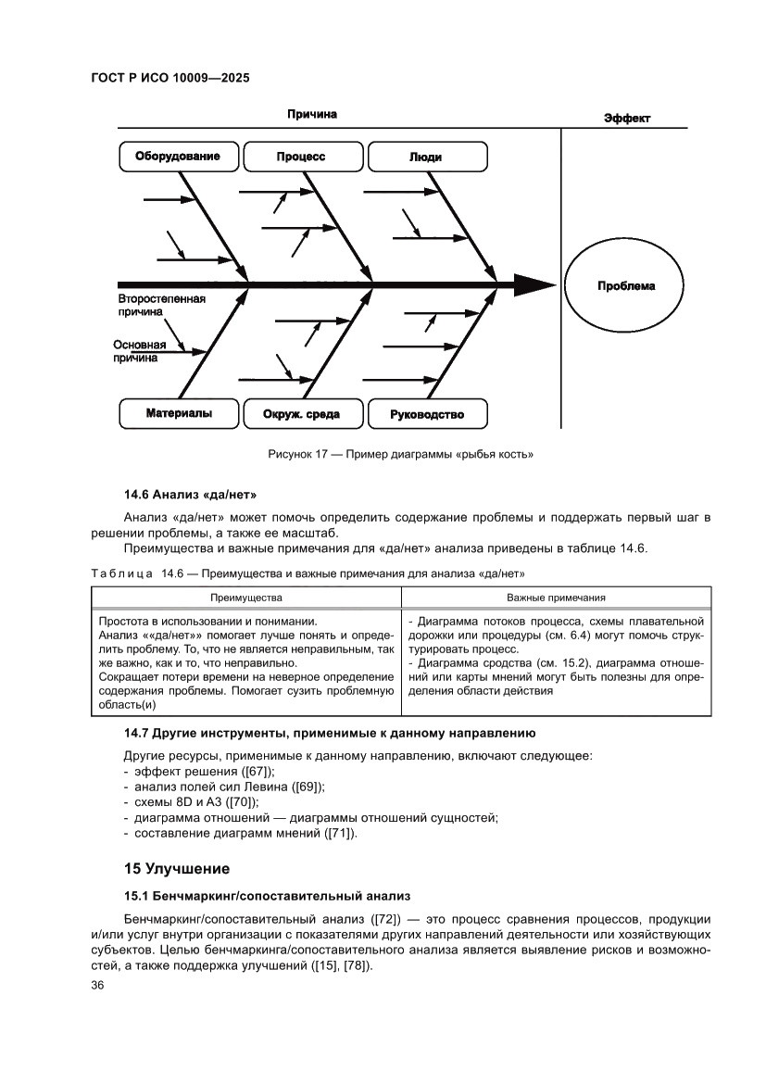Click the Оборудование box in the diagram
click(x=179, y=157)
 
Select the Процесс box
click(x=302, y=157)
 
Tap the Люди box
click(x=425, y=157)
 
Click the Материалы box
click(x=179, y=414)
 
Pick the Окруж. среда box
click(x=302, y=414)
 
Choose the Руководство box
click(x=427, y=414)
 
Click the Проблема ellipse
click(x=625, y=286)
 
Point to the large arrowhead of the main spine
click(x=533, y=284)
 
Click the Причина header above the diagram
click(x=311, y=115)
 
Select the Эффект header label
click(x=627, y=119)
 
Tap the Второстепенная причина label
click(x=161, y=307)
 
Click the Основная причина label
click(x=140, y=350)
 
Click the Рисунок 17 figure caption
click(x=400, y=454)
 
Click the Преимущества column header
click(x=245, y=598)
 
